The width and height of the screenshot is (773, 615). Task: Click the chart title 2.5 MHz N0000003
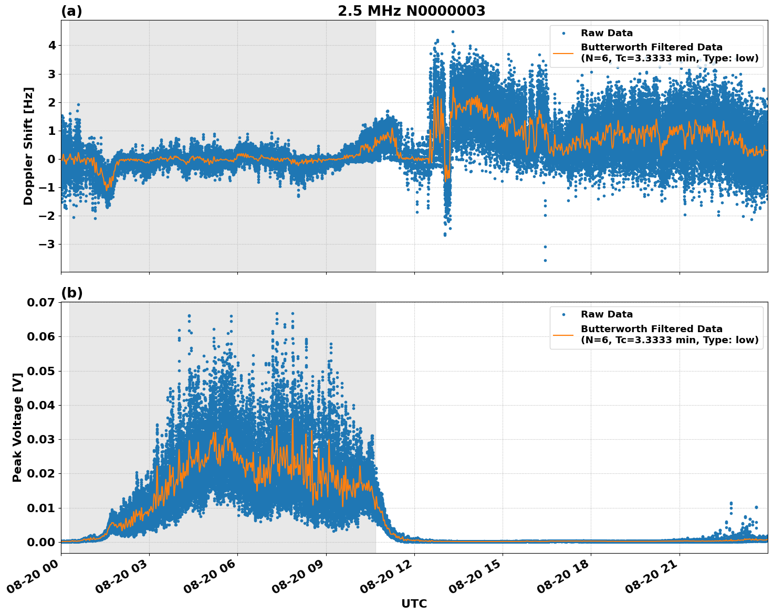pyautogui.click(x=411, y=11)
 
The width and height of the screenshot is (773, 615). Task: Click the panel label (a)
pyautogui.click(x=71, y=11)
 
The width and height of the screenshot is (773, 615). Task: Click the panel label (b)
pyautogui.click(x=71, y=293)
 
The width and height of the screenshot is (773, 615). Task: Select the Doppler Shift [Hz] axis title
pyautogui.click(x=28, y=146)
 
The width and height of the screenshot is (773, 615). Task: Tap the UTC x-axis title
pyautogui.click(x=414, y=603)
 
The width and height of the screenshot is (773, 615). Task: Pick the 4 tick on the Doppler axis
pyautogui.click(x=51, y=46)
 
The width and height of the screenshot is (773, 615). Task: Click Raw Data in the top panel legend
pyautogui.click(x=607, y=33)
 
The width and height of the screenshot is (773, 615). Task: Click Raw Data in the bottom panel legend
pyautogui.click(x=607, y=314)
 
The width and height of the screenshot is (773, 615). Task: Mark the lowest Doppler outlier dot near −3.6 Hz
pyautogui.click(x=545, y=260)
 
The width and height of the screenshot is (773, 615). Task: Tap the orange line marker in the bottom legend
pyautogui.click(x=563, y=334)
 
